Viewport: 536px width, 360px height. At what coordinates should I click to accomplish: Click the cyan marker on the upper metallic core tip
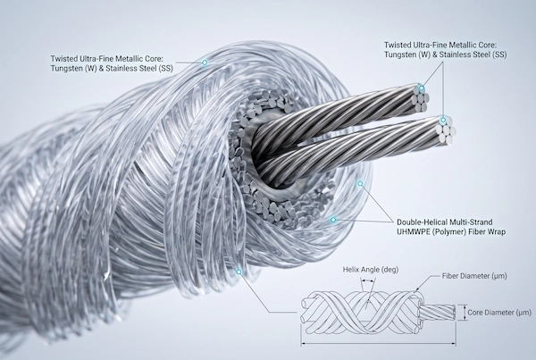point(422,88)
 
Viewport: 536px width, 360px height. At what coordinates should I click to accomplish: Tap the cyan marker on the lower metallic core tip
point(443,120)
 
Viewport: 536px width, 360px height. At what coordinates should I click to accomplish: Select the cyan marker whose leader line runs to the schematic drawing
point(239,272)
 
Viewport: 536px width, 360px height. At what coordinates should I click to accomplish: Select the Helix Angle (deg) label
point(371,270)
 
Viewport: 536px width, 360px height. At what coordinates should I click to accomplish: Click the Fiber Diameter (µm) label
point(474,275)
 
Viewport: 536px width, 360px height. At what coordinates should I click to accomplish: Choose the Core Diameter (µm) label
point(499,313)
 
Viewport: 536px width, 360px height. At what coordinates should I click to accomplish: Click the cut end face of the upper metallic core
point(420,98)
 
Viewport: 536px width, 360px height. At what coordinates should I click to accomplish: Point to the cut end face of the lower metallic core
point(444,130)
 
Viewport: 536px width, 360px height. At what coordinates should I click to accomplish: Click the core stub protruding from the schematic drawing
point(437,313)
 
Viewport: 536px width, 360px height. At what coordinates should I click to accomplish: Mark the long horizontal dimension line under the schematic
point(378,343)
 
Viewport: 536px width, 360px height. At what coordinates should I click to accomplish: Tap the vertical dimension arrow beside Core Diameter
point(464,313)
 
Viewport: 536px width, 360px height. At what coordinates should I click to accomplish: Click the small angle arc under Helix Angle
point(368,280)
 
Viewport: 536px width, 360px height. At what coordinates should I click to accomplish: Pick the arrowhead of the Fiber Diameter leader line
point(416,290)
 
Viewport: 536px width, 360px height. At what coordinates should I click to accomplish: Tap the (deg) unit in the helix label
point(389,270)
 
